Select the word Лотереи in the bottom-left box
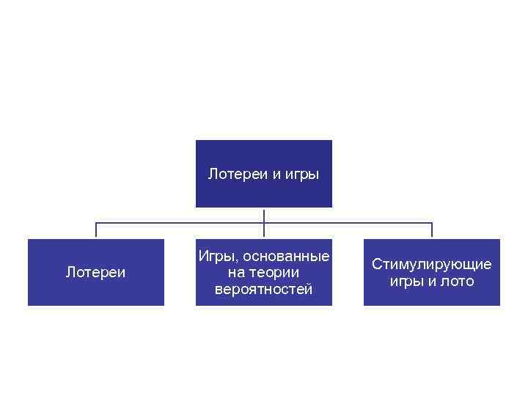[96, 273]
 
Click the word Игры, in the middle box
[216, 257]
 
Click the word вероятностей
[264, 289]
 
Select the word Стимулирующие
[432, 265]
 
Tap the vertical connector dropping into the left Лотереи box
[96, 230]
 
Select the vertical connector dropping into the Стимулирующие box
[432, 230]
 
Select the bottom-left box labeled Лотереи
[96, 293]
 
